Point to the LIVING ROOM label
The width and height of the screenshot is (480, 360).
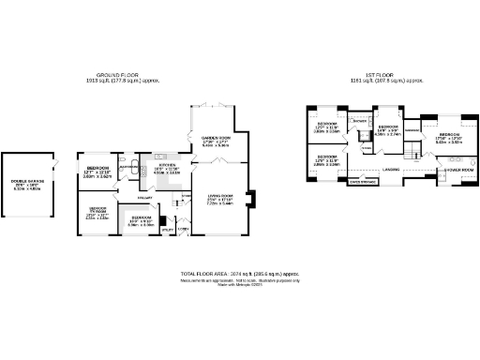[219, 195]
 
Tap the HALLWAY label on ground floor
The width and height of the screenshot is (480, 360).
[145, 197]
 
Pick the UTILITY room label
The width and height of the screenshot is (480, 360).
[167, 229]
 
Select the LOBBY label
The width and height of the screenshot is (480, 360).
[184, 228]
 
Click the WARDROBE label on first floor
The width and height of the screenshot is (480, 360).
[411, 130]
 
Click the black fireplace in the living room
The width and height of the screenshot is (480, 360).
[249, 198]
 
